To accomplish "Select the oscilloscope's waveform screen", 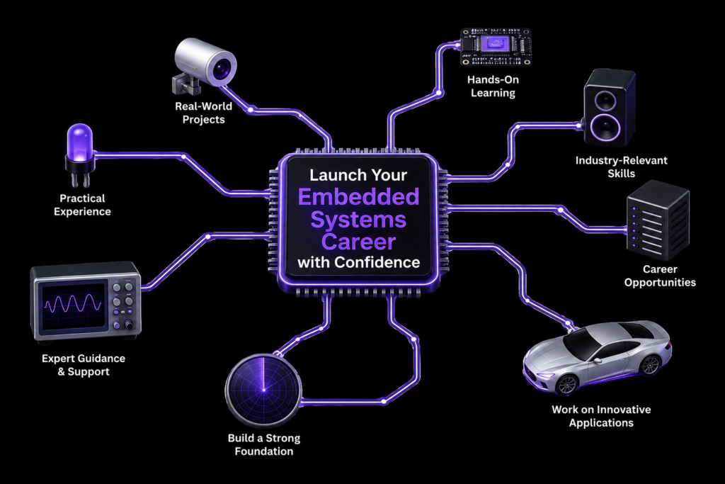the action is point(73,305).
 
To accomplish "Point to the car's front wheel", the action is point(567,384).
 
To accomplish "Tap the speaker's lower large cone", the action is point(605,127).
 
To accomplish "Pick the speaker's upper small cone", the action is point(605,100).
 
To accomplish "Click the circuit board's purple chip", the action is point(495,45).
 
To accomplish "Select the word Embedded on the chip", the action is point(359,197).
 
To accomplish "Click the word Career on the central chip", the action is point(359,242).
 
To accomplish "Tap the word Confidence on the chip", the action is point(377,262).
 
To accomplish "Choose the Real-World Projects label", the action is point(203,113).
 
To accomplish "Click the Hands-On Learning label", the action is point(493,86).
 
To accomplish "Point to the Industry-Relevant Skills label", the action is point(621,167).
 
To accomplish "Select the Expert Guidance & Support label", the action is point(84,365).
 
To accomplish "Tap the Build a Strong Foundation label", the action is point(264,444).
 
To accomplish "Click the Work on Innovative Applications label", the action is point(601,416).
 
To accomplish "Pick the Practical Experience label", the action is point(82,205).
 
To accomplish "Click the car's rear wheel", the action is point(650,365).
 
